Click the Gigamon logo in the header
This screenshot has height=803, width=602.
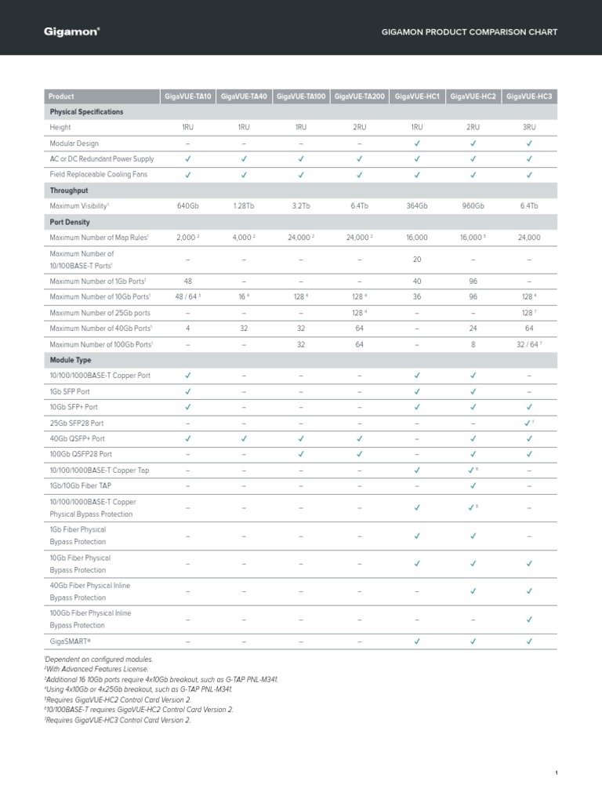[x=71, y=32]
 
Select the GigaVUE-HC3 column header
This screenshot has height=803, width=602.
[x=529, y=96]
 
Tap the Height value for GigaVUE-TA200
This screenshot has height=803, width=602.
[x=359, y=126]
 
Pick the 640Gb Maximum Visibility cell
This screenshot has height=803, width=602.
[x=187, y=205]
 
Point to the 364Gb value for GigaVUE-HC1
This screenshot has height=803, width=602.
[x=417, y=205]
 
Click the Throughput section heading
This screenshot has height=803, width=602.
[x=69, y=190]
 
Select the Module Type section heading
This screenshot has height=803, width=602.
[x=71, y=360]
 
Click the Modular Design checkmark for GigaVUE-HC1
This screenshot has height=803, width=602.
[x=417, y=143]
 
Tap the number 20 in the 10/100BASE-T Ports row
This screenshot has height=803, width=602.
[x=417, y=259]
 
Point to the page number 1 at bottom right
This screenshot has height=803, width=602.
[x=556, y=773]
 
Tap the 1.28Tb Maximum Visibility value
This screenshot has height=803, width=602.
[x=244, y=205]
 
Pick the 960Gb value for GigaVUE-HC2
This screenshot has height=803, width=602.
[x=473, y=205]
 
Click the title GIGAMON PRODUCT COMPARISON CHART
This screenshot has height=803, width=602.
[x=469, y=33]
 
